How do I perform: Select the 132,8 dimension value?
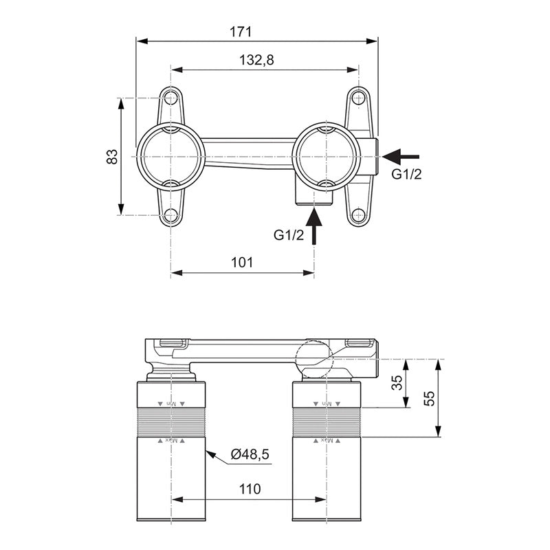coord(256,60)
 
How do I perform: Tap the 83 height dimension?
coord(112,157)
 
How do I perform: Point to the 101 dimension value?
coord(242,262)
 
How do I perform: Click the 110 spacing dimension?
coord(250,489)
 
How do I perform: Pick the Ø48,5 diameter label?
coord(250,454)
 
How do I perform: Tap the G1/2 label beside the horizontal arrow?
coord(406,174)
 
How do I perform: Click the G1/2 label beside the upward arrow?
coord(289,235)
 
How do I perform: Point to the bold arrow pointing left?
coord(401,156)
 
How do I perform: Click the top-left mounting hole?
coord(170,98)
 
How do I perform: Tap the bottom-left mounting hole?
coord(170,215)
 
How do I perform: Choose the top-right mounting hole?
coord(357,98)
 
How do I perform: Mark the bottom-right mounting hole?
coord(357,215)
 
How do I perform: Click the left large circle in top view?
coord(170,156)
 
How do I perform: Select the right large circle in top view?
coord(327,156)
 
